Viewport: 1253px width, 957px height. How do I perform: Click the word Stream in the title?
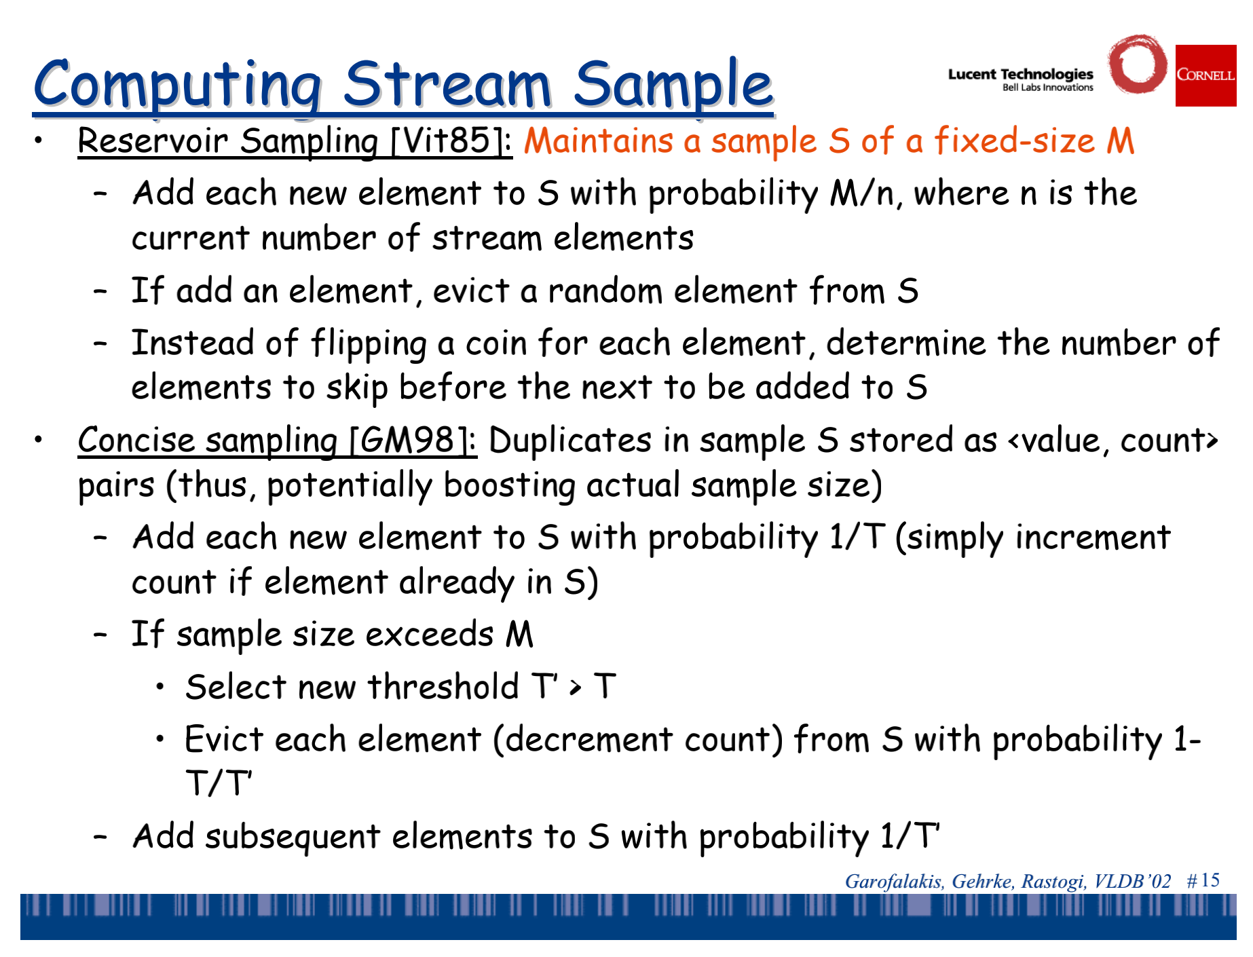[x=447, y=84]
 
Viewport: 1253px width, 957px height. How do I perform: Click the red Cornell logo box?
[x=1205, y=75]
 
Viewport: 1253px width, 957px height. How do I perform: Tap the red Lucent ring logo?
[x=1138, y=64]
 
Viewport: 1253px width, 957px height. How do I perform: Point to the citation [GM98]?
[x=413, y=440]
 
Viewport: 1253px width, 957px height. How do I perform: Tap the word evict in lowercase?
[x=471, y=290]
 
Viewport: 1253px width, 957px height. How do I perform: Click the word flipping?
[x=369, y=343]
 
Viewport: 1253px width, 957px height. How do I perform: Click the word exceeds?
[x=430, y=635]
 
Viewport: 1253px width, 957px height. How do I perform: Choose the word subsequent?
[x=293, y=837]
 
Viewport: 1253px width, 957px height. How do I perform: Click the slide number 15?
[x=1210, y=880]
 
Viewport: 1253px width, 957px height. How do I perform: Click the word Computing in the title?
[x=177, y=86]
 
